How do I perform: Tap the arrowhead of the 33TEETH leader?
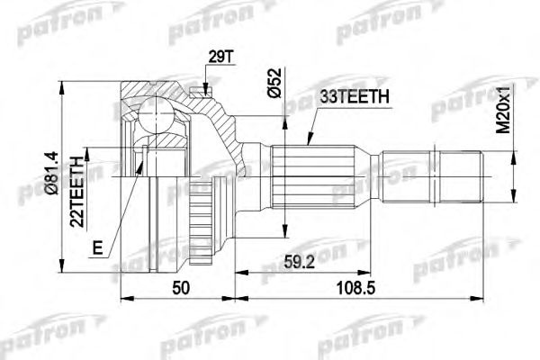(x=308, y=144)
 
